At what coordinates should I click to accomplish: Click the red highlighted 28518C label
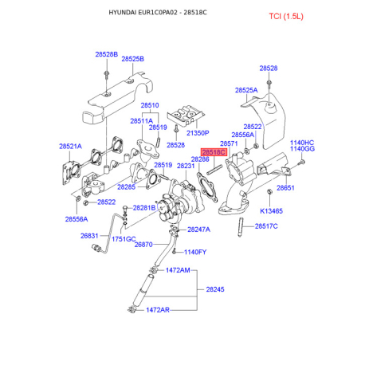tap(214, 152)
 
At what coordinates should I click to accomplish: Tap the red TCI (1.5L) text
tap(286, 16)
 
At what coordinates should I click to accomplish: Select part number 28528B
tap(106, 54)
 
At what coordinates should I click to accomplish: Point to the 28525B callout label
tap(132, 59)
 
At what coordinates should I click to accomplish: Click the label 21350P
tap(198, 133)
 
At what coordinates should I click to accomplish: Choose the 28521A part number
tap(70, 147)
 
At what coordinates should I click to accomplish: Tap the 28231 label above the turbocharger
tap(186, 166)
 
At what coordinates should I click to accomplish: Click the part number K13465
tap(271, 211)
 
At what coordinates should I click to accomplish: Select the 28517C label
tap(266, 226)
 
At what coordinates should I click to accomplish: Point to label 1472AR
tap(158, 310)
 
